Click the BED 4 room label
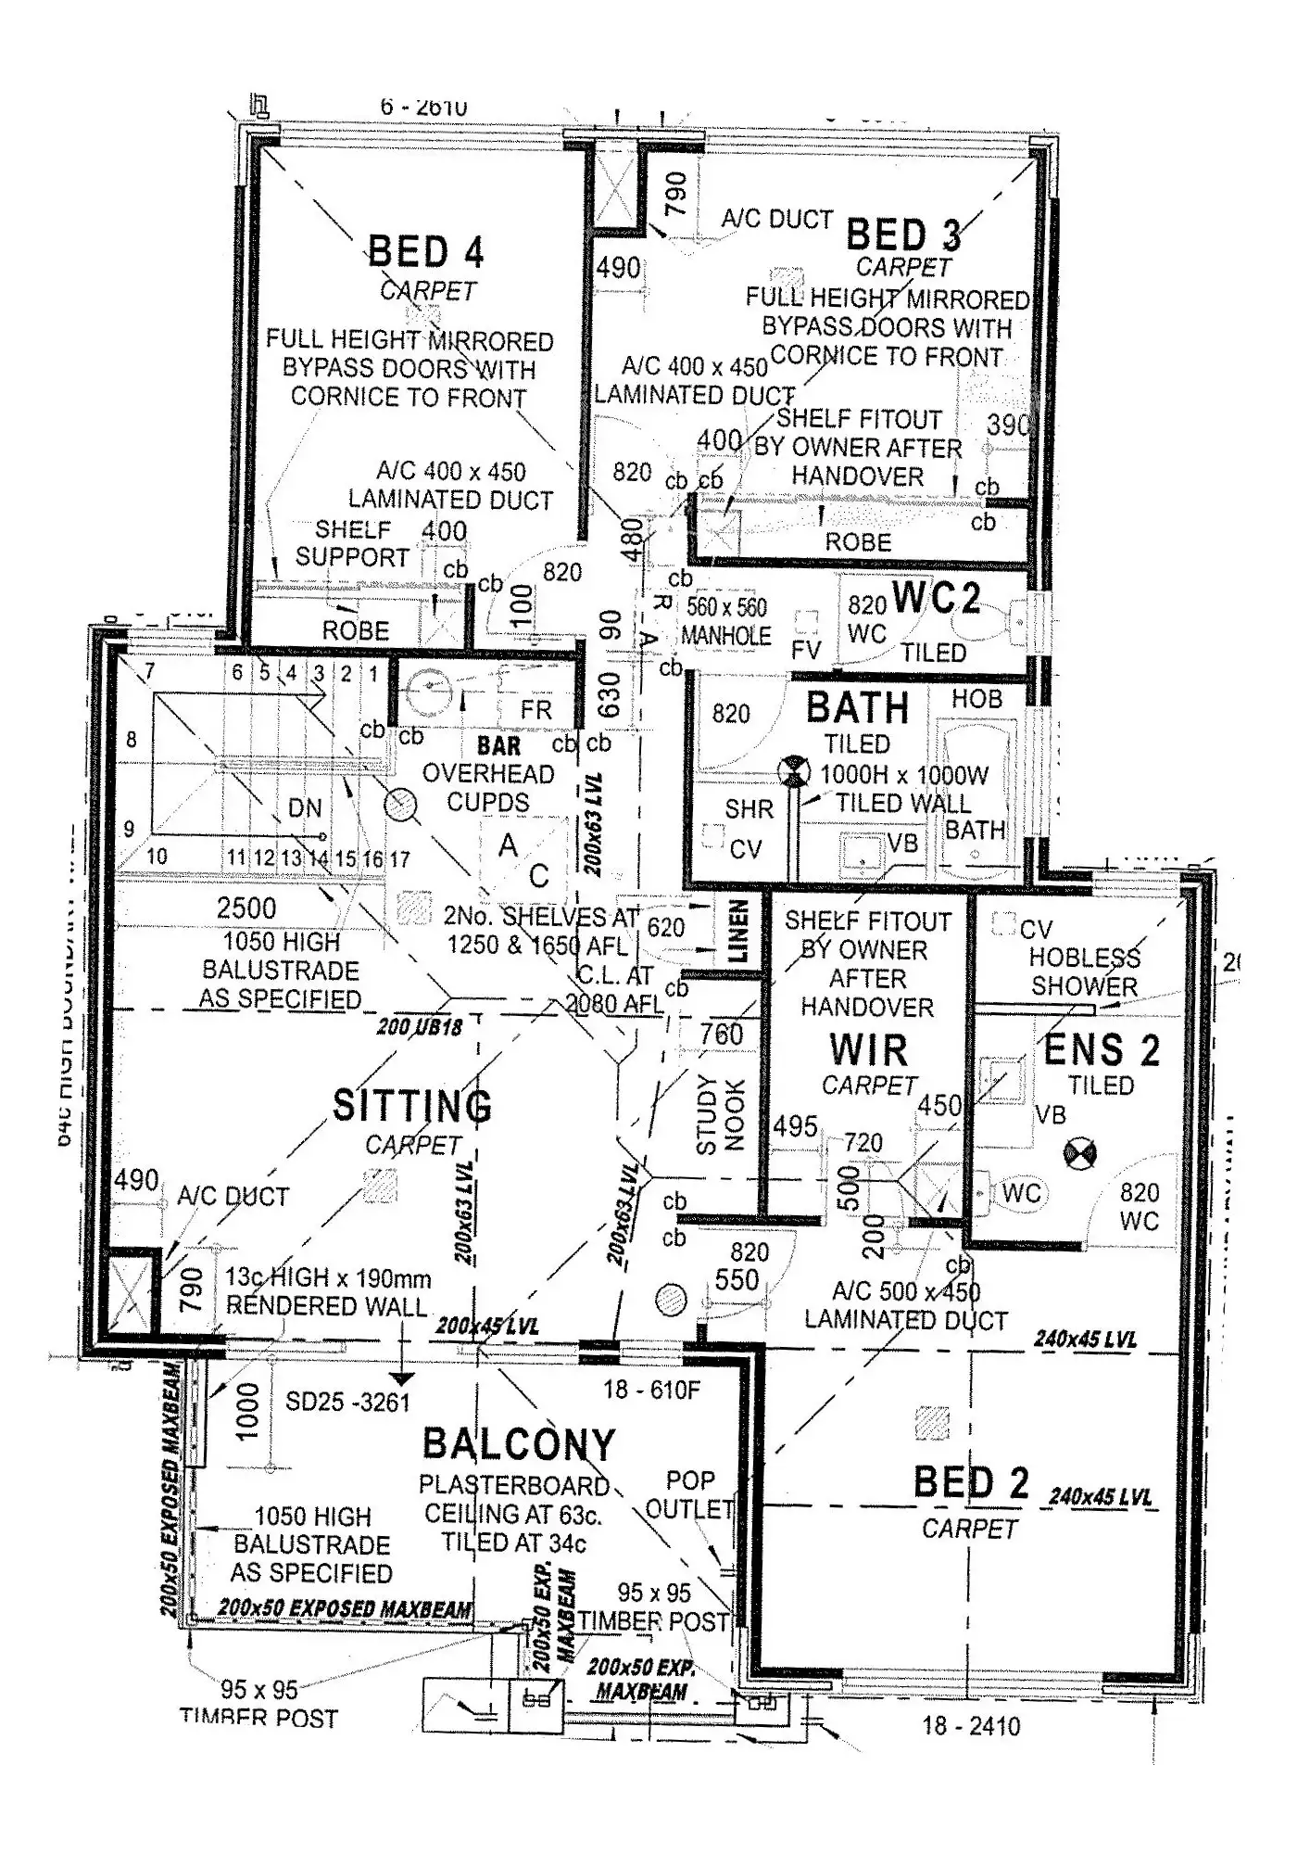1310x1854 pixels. tap(426, 252)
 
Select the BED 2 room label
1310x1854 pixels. tap(971, 1483)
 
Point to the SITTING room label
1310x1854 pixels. tap(412, 1106)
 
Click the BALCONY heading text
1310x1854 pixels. tap(519, 1444)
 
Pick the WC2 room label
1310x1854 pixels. tap(937, 598)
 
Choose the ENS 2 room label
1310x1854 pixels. tap(1102, 1050)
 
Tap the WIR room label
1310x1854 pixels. tap(868, 1050)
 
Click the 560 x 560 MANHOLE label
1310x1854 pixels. tap(726, 621)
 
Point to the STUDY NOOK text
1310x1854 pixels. tap(720, 1114)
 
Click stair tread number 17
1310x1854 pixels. tap(399, 859)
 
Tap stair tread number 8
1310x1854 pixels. tap(132, 739)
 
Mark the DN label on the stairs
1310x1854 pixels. tap(304, 808)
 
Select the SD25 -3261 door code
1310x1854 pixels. tap(347, 1402)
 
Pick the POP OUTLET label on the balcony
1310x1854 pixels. tap(690, 1494)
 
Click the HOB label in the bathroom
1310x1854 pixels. tap(976, 699)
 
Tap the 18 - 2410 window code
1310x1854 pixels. tap(971, 1726)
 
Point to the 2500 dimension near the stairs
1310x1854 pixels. tap(246, 908)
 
